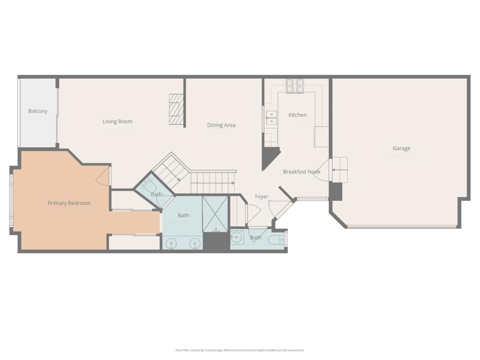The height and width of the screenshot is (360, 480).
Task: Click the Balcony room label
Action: [37, 111]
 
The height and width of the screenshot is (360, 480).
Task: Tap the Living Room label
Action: [118, 121]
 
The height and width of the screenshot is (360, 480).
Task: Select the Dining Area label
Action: [221, 125]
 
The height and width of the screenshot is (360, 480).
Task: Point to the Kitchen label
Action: [297, 115]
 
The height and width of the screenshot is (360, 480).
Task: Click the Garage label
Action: [401, 148]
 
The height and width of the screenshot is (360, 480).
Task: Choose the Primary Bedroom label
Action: [69, 203]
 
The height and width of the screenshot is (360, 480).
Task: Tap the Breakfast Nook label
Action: [301, 172]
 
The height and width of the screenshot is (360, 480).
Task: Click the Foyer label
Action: [262, 196]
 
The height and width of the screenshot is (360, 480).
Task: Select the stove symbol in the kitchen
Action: [295, 86]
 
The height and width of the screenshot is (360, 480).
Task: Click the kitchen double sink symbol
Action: [271, 118]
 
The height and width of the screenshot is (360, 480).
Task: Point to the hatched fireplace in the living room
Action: [175, 110]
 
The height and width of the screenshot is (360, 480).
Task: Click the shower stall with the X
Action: [215, 214]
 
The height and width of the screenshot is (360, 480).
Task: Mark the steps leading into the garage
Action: [339, 169]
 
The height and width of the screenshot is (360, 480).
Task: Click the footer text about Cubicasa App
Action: [240, 350]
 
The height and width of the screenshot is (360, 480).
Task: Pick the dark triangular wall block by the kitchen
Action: [269, 157]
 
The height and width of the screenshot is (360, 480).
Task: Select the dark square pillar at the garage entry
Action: [336, 191]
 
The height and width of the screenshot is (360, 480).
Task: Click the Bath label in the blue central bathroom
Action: [183, 215]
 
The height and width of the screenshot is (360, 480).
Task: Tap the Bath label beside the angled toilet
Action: [157, 194]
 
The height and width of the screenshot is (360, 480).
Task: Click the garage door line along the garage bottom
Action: [402, 227]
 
